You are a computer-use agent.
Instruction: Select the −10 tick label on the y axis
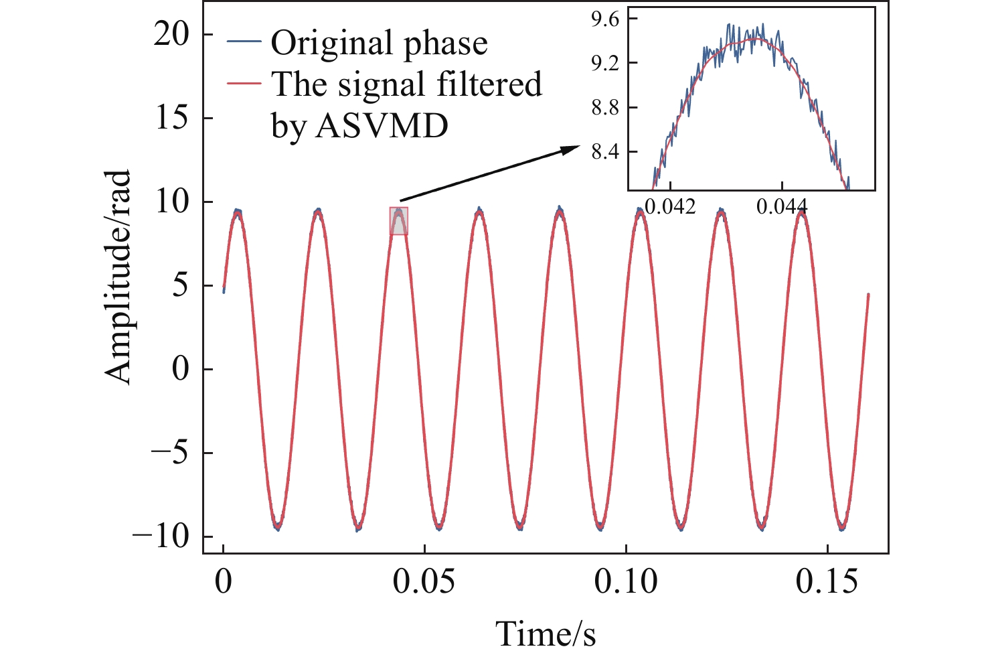161,537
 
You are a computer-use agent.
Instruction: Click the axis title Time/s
546,634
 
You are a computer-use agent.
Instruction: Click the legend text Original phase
379,44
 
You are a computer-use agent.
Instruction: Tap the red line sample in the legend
244,84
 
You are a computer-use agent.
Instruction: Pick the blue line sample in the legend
244,42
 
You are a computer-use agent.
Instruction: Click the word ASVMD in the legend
382,125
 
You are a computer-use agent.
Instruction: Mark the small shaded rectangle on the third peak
399,221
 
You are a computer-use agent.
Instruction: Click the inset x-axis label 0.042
669,207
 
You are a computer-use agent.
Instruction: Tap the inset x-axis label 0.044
782,207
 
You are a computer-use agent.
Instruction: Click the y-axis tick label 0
181,370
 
